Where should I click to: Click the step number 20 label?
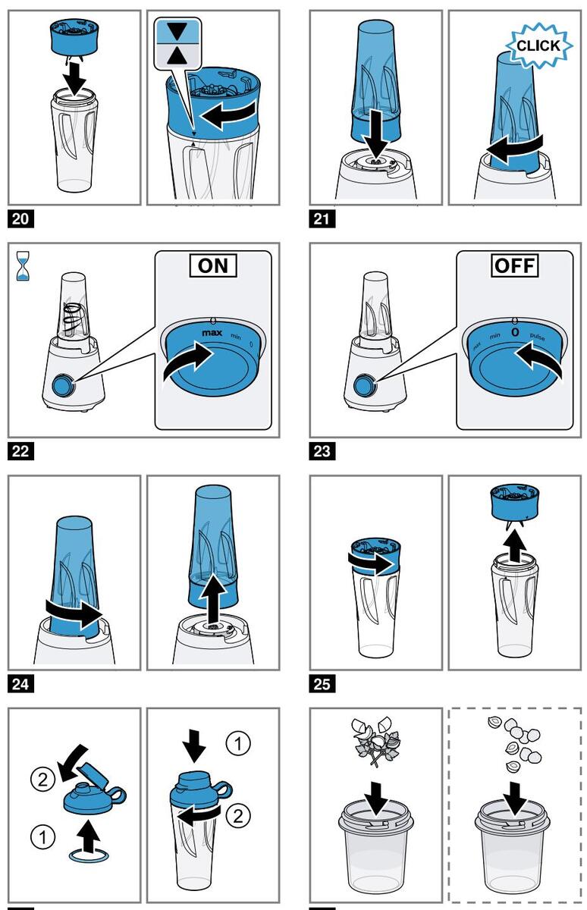[20, 220]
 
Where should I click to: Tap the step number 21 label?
[322, 220]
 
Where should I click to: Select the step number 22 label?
[20, 452]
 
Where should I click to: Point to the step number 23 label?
[322, 452]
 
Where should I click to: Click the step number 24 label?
[20, 685]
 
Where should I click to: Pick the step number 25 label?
[322, 685]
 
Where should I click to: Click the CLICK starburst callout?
[538, 45]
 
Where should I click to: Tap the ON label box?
[212, 265]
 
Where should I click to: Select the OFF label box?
[514, 265]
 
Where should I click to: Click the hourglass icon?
[21, 267]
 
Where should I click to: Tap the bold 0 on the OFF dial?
[514, 332]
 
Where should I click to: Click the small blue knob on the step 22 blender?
[62, 385]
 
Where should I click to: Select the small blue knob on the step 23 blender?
[364, 385]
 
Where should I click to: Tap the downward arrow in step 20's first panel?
[74, 74]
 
